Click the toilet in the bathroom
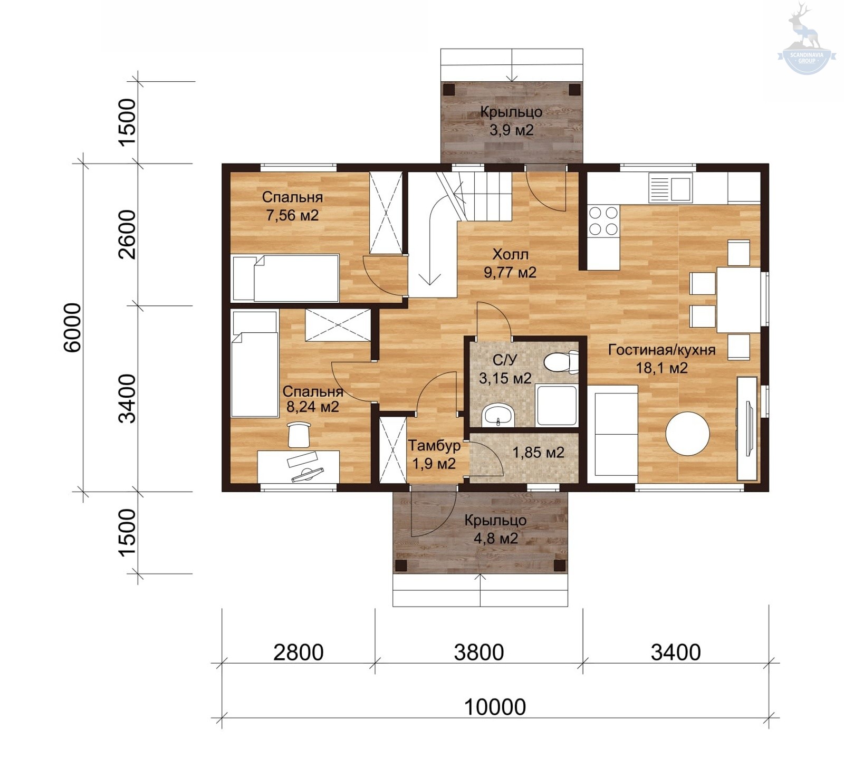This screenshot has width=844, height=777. pyautogui.click(x=561, y=362)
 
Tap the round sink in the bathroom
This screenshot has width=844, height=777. pyautogui.click(x=497, y=415)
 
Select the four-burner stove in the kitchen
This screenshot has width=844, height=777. pyautogui.click(x=603, y=220)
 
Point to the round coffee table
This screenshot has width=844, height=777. pyautogui.click(x=687, y=433)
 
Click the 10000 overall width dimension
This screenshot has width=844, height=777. pyautogui.click(x=495, y=707)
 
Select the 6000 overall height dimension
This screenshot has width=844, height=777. pyautogui.click(x=72, y=327)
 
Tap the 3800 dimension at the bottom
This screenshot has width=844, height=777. pyautogui.click(x=479, y=653)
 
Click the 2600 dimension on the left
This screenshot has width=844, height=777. pyautogui.click(x=127, y=234)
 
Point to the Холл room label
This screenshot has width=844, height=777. pyautogui.click(x=510, y=254)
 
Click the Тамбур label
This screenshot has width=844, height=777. pyautogui.click(x=434, y=446)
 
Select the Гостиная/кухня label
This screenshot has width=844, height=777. pyautogui.click(x=661, y=350)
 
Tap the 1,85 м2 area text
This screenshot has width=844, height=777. pyautogui.click(x=538, y=453)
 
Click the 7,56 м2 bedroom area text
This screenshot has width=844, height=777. pyautogui.click(x=292, y=215)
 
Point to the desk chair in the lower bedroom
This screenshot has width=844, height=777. pyautogui.click(x=299, y=434)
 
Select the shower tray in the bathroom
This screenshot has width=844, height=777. pyautogui.click(x=557, y=406)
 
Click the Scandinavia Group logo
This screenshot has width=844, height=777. pyautogui.click(x=807, y=40)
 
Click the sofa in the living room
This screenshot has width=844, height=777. pyautogui.click(x=616, y=430)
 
